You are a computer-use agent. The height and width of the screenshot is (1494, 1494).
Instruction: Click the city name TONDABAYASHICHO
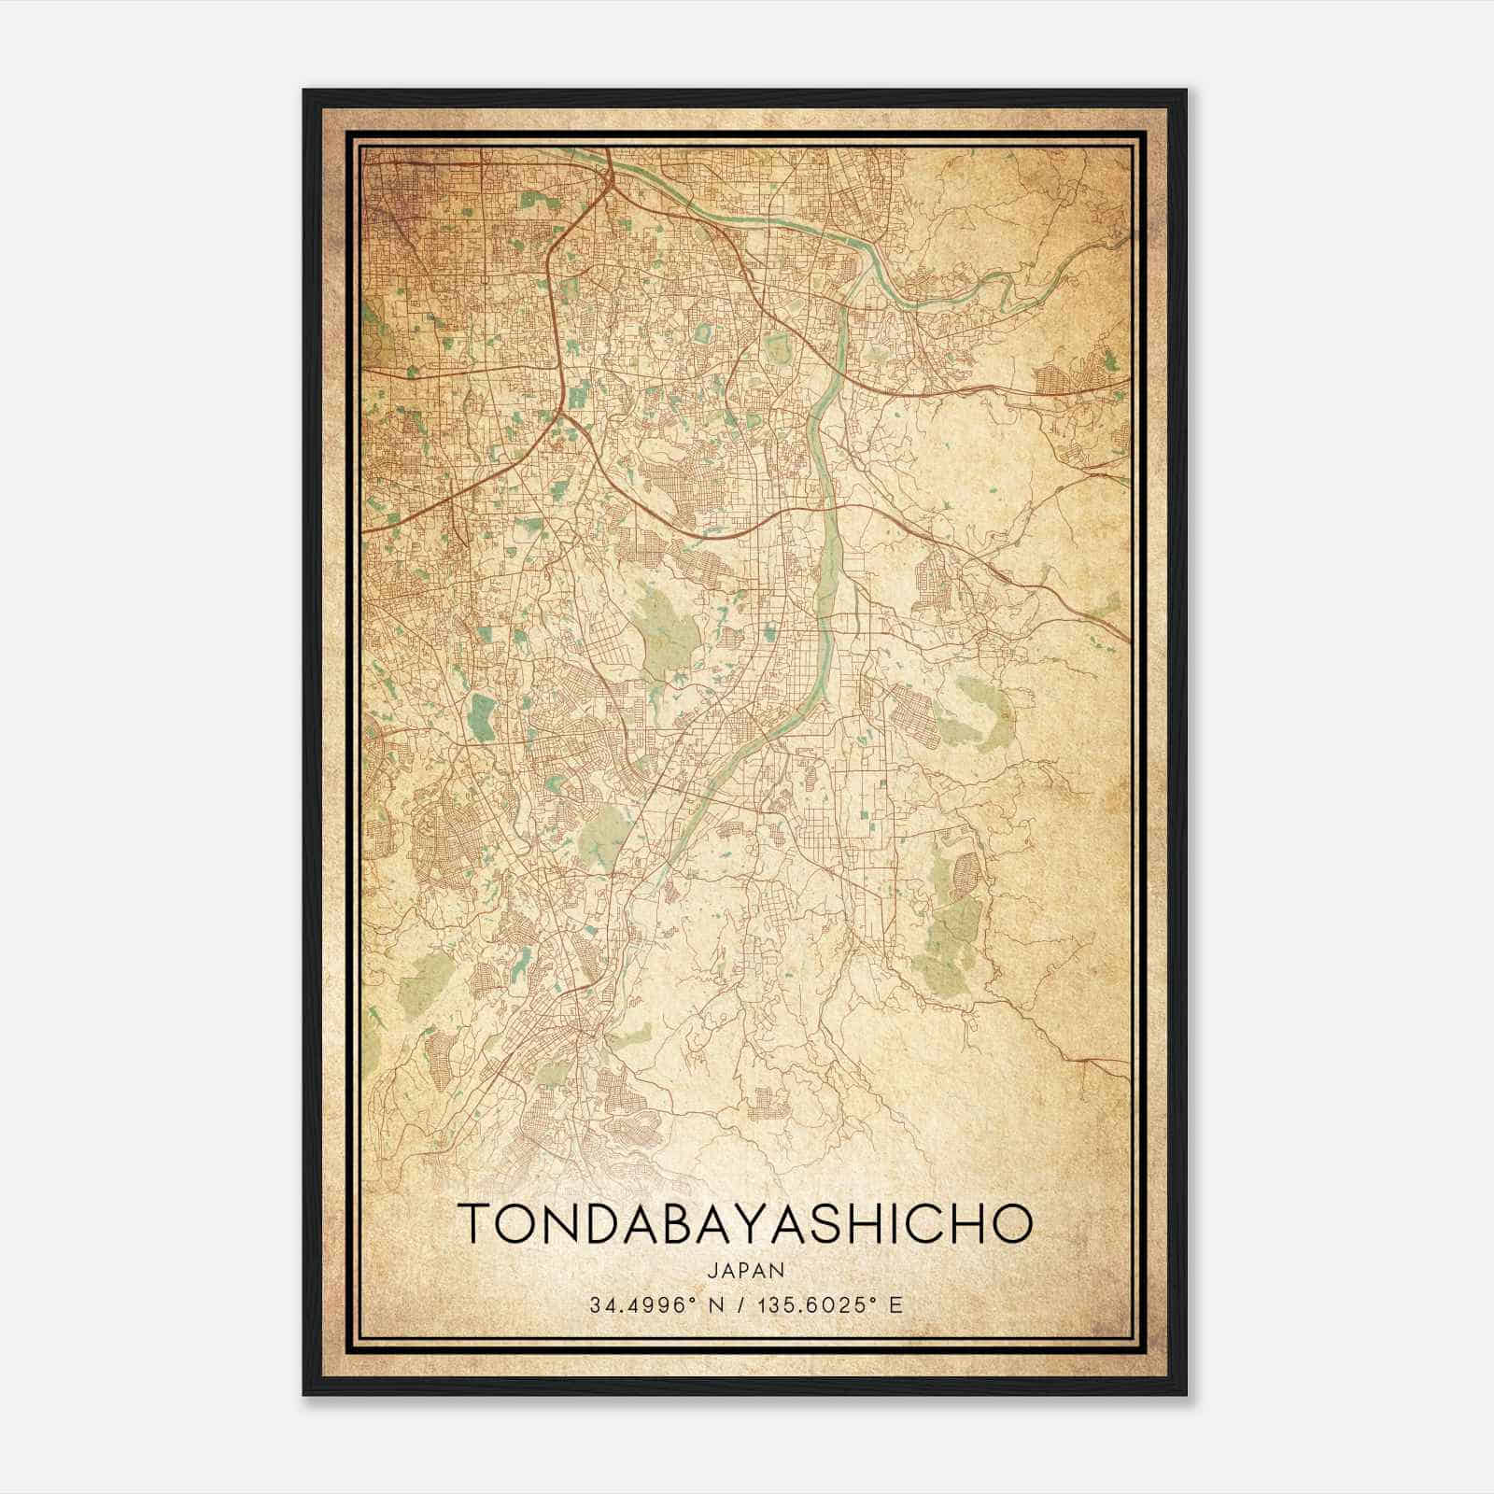746,1224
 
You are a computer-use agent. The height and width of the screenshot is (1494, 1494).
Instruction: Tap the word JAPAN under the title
746,1270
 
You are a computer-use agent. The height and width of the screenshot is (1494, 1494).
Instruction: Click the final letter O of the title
1014,1224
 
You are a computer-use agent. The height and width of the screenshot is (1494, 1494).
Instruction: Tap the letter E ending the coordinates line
896,1304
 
